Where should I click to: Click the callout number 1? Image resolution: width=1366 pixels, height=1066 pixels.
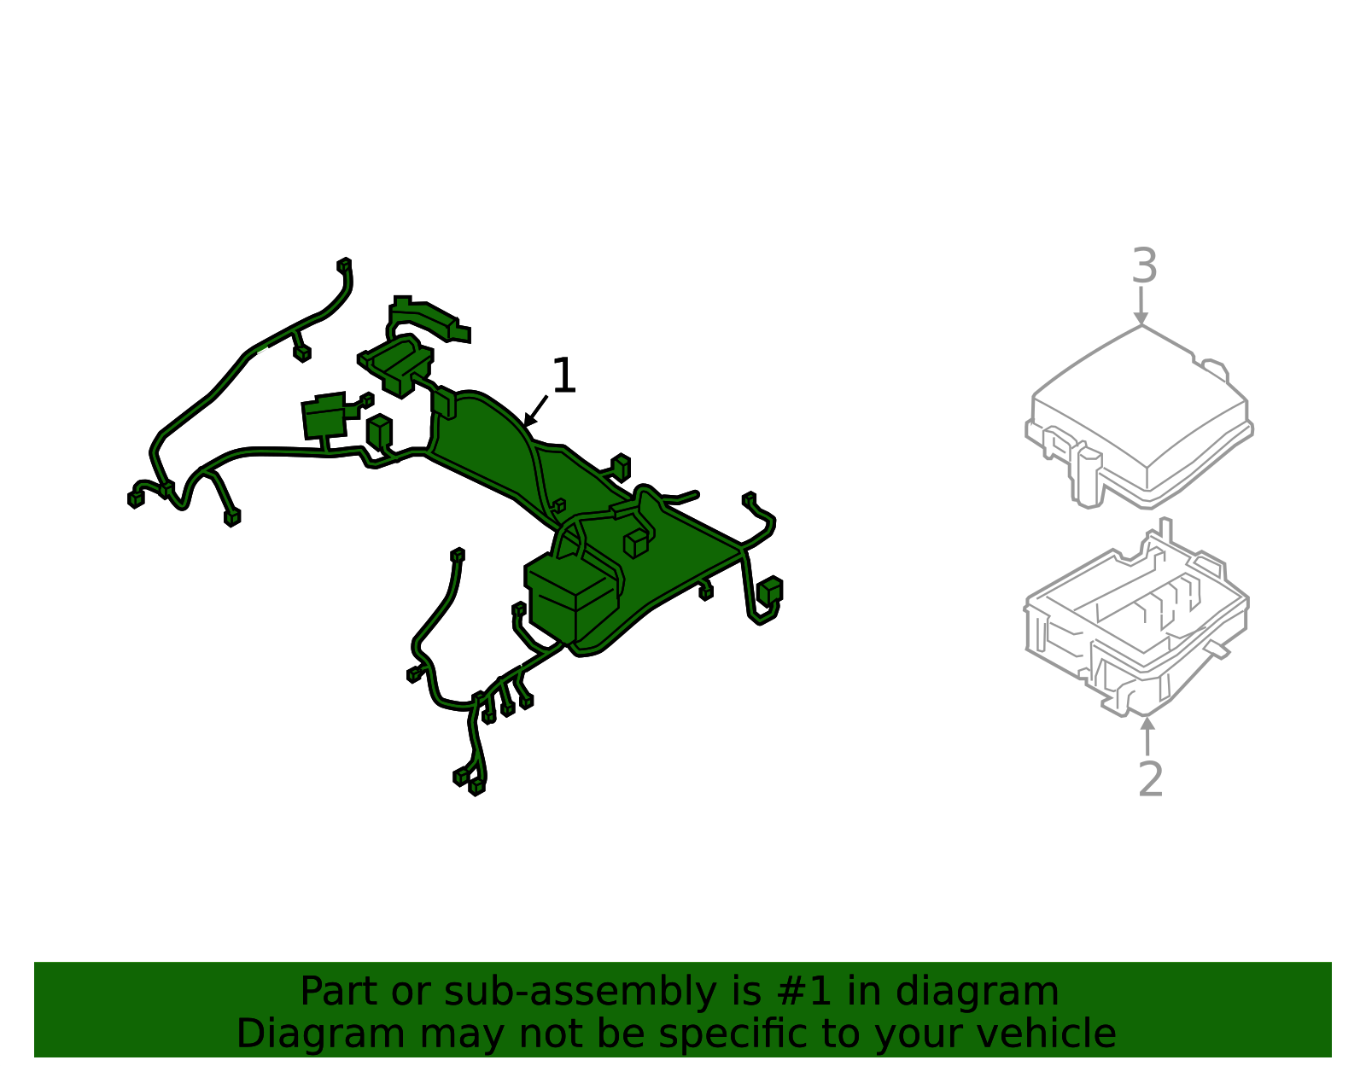tap(563, 376)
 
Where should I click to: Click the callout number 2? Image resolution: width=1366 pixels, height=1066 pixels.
tap(1150, 779)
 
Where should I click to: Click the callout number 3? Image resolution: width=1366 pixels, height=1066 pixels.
tap(1144, 265)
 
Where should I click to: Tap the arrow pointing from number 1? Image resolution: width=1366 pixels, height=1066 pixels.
tap(535, 411)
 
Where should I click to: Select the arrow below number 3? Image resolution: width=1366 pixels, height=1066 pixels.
tap(1141, 306)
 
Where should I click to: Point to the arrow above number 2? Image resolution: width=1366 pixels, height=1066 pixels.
tap(1147, 736)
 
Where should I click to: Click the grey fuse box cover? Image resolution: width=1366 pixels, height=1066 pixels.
tap(1139, 417)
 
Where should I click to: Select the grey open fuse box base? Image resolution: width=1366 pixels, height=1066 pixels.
tap(1136, 619)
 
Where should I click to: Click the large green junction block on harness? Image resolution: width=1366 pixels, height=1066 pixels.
tap(572, 597)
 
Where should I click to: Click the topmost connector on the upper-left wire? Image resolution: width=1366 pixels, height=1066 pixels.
tap(344, 265)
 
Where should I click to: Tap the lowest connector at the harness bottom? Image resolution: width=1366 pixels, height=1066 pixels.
tap(477, 786)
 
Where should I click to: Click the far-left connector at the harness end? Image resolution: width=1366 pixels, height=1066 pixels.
tap(136, 499)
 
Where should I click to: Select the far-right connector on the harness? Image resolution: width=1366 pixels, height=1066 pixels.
tap(771, 590)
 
